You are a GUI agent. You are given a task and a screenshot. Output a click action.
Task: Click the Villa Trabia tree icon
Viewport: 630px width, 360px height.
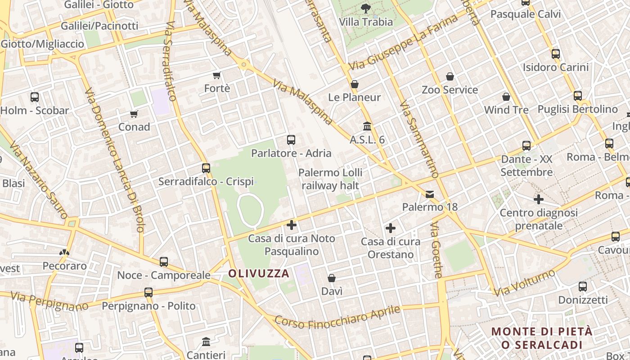click(366, 8)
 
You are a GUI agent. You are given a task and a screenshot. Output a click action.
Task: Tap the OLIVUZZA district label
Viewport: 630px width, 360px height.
click(258, 273)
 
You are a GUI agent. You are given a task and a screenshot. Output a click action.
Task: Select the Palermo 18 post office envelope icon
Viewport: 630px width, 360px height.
click(430, 194)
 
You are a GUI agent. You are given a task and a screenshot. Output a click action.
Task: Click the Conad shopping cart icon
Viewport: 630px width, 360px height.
click(134, 114)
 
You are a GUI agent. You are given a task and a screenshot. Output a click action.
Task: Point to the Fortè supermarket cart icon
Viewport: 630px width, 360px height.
click(217, 75)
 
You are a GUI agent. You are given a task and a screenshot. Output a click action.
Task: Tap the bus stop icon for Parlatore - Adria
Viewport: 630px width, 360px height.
click(291, 140)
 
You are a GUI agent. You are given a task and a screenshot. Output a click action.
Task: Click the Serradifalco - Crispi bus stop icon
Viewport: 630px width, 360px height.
click(206, 168)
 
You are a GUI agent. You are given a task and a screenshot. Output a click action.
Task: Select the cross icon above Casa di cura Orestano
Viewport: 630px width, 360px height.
click(391, 228)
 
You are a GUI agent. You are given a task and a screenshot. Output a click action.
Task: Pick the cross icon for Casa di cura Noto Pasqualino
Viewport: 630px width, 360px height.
click(292, 225)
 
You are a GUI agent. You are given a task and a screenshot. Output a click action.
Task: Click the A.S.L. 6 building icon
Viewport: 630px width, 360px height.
click(367, 126)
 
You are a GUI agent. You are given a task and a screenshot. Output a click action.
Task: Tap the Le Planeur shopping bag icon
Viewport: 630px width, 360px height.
click(355, 84)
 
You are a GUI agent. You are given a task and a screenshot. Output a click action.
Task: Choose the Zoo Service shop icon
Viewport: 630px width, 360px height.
click(450, 77)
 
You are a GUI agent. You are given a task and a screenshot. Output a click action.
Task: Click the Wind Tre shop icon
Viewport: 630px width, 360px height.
click(506, 97)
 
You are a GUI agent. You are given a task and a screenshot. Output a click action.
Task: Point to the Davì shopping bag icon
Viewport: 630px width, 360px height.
click(332, 278)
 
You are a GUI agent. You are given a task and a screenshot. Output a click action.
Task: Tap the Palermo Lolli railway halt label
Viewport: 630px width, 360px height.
click(330, 179)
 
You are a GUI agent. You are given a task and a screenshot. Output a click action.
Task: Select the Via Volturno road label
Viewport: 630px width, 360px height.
click(525, 283)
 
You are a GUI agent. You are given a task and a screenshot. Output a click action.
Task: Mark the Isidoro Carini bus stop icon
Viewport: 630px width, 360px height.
click(556, 54)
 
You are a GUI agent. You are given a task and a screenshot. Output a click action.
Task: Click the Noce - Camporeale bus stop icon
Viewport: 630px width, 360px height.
click(164, 262)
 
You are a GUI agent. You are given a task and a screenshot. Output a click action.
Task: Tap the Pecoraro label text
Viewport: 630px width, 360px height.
click(65, 265)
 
